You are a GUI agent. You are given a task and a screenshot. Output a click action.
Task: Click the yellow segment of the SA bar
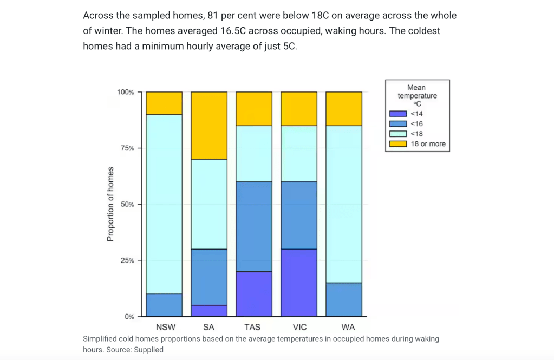pyautogui.click(x=209, y=126)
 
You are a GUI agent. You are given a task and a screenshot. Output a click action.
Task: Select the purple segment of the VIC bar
pyautogui.click(x=299, y=283)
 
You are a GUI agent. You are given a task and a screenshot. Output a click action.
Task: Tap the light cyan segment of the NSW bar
pyautogui.click(x=164, y=204)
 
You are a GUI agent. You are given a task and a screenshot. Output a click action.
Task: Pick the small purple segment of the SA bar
pyautogui.click(x=209, y=311)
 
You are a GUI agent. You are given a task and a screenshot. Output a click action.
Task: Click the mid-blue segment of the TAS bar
pyautogui.click(x=254, y=226)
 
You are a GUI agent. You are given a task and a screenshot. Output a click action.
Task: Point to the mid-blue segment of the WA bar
pyautogui.click(x=344, y=299)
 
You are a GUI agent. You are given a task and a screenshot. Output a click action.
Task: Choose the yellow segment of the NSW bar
pyautogui.click(x=164, y=103)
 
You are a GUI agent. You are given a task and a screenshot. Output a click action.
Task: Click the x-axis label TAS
pyautogui.click(x=252, y=327)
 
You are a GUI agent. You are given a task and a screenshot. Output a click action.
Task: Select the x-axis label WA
pyautogui.click(x=344, y=327)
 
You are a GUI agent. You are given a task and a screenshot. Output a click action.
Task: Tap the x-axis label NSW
pyautogui.click(x=164, y=327)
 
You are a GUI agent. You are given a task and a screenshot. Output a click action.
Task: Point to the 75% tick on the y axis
pyautogui.click(x=127, y=148)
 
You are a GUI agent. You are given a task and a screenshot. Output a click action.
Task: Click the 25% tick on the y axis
pyautogui.click(x=127, y=260)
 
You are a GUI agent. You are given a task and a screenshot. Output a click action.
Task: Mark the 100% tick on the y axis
pyautogui.click(x=125, y=92)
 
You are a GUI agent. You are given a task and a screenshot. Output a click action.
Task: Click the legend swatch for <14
pyautogui.click(x=398, y=114)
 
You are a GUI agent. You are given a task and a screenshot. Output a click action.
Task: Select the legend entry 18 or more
pyautogui.click(x=428, y=144)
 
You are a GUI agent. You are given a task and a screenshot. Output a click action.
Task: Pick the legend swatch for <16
pyautogui.click(x=398, y=124)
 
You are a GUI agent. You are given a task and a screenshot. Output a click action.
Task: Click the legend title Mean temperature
pyautogui.click(x=417, y=92)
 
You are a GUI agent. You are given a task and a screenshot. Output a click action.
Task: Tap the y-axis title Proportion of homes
pyautogui.click(x=110, y=204)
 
